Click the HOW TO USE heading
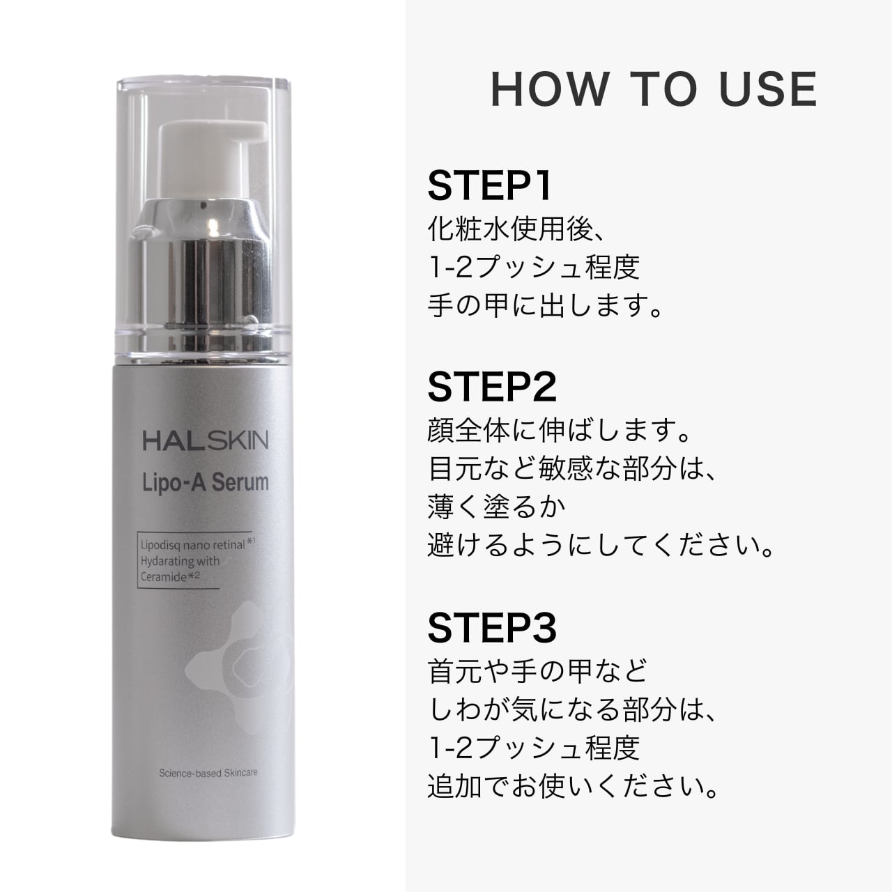[654, 89]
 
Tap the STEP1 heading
[490, 186]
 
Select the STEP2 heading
[492, 387]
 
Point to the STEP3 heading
[492, 627]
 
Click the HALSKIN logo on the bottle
[206, 440]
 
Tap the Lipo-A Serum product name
[206, 482]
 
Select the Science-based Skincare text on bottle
[208, 773]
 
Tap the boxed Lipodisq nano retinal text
[193, 546]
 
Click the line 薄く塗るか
[496, 507]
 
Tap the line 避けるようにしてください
[601, 546]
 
